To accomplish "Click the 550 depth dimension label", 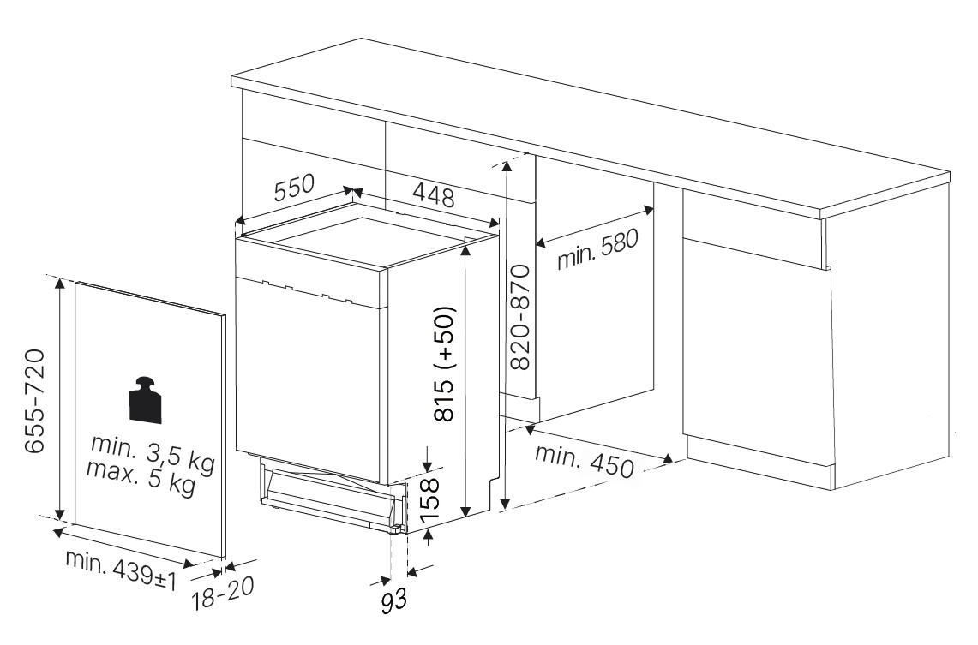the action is click(295, 188).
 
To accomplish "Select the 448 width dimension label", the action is click(434, 195).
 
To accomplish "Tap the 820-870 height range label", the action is click(519, 317).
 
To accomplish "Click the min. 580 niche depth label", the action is click(597, 249).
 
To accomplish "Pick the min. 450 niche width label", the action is click(585, 461).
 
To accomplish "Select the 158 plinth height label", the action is click(429, 499).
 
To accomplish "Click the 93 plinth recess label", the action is click(393, 600).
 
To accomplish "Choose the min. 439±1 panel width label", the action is click(121, 570).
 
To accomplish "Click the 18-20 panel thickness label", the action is click(223, 594).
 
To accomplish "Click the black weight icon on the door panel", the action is click(145, 400).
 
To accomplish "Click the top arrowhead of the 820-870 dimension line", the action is click(507, 164).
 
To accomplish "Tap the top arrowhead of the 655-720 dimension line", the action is click(59, 284).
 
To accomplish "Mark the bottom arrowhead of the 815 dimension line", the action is click(465, 511).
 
